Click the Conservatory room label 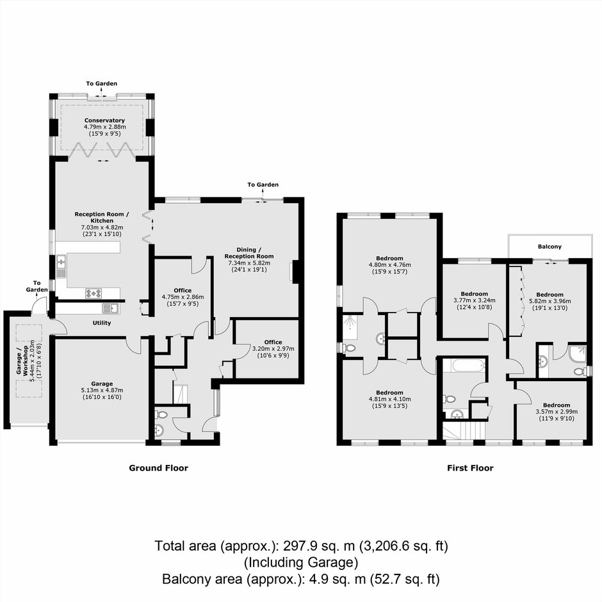pyautogui.click(x=105, y=120)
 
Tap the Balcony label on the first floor pyautogui.click(x=549, y=247)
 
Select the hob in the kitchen pyautogui.click(x=94, y=293)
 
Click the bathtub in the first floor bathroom pyautogui.click(x=464, y=365)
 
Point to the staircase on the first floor pyautogui.click(x=464, y=430)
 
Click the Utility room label pyautogui.click(x=102, y=323)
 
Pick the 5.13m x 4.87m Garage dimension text pyautogui.click(x=102, y=390)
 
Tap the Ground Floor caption pyautogui.click(x=159, y=468)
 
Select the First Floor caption pyautogui.click(x=470, y=468)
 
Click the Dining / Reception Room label pyautogui.click(x=249, y=253)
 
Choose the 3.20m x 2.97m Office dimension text pyautogui.click(x=273, y=348)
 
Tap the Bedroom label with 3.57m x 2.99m pyautogui.click(x=557, y=405)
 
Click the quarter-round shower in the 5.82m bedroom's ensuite pyautogui.click(x=578, y=354)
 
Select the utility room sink pyautogui.click(x=111, y=307)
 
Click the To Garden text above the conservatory pyautogui.click(x=102, y=83)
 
